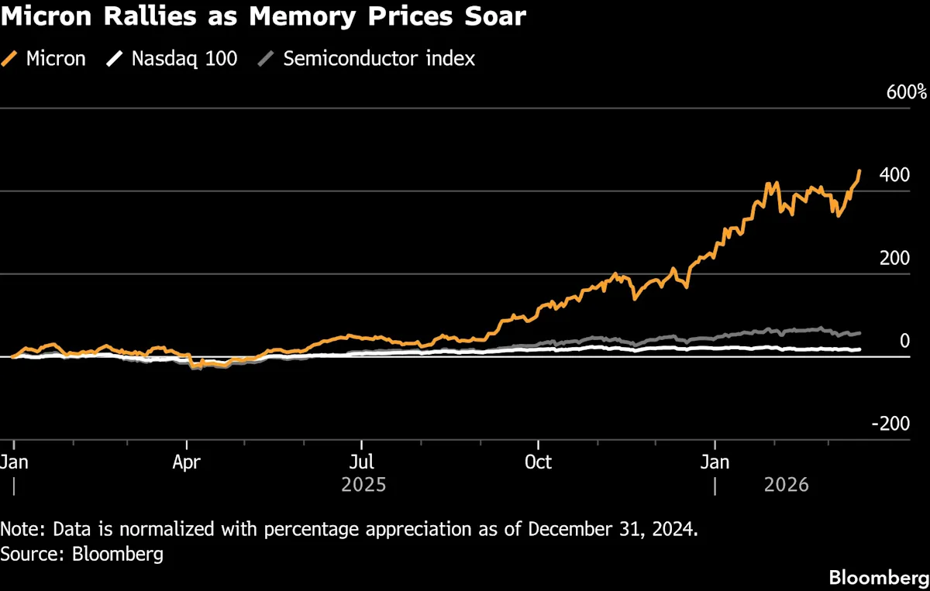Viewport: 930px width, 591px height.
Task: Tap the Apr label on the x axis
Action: (x=187, y=462)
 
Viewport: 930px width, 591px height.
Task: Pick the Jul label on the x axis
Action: (x=361, y=462)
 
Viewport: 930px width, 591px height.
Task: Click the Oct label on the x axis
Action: (x=538, y=462)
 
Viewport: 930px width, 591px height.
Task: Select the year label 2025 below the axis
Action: (x=364, y=486)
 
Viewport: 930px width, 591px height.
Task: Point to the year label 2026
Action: (x=786, y=486)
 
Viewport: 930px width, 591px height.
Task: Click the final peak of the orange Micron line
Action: (x=859, y=170)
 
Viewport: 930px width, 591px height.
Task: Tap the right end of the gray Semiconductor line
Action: (x=859, y=333)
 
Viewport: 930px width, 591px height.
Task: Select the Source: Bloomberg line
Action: (x=81, y=555)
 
